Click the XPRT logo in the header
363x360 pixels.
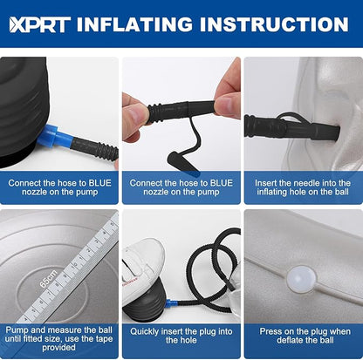tap(40, 24)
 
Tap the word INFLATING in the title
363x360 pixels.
tap(134, 24)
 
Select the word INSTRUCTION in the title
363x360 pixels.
tap(274, 24)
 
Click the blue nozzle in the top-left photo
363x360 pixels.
tap(53, 136)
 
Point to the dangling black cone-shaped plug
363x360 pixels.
tap(179, 161)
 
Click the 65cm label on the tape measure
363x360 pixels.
tap(49, 279)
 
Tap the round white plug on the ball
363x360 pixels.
tap(301, 279)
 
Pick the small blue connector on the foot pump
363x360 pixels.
tap(171, 303)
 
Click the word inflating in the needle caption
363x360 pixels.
tap(272, 192)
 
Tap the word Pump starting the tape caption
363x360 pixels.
tap(17, 330)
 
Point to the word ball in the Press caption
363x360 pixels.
tap(326, 340)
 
